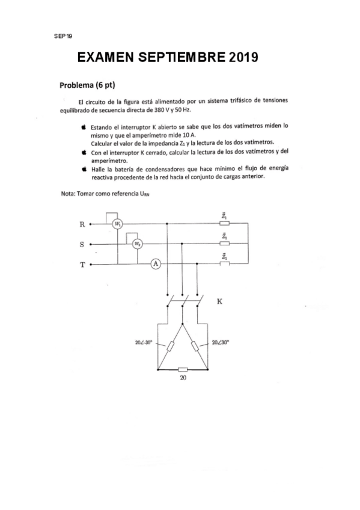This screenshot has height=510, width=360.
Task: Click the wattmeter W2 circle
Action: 138,244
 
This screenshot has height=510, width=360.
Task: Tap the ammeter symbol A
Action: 156,264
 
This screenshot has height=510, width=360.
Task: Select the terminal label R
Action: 82,224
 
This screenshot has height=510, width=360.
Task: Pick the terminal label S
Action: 82,244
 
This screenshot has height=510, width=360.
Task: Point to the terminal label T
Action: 82,264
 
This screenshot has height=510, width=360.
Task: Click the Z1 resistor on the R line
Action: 224,223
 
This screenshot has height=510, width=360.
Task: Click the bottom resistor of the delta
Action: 183,370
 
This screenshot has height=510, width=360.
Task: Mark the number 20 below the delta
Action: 183,380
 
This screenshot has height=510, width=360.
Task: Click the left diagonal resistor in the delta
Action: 170,346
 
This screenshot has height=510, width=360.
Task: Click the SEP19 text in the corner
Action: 63,37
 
